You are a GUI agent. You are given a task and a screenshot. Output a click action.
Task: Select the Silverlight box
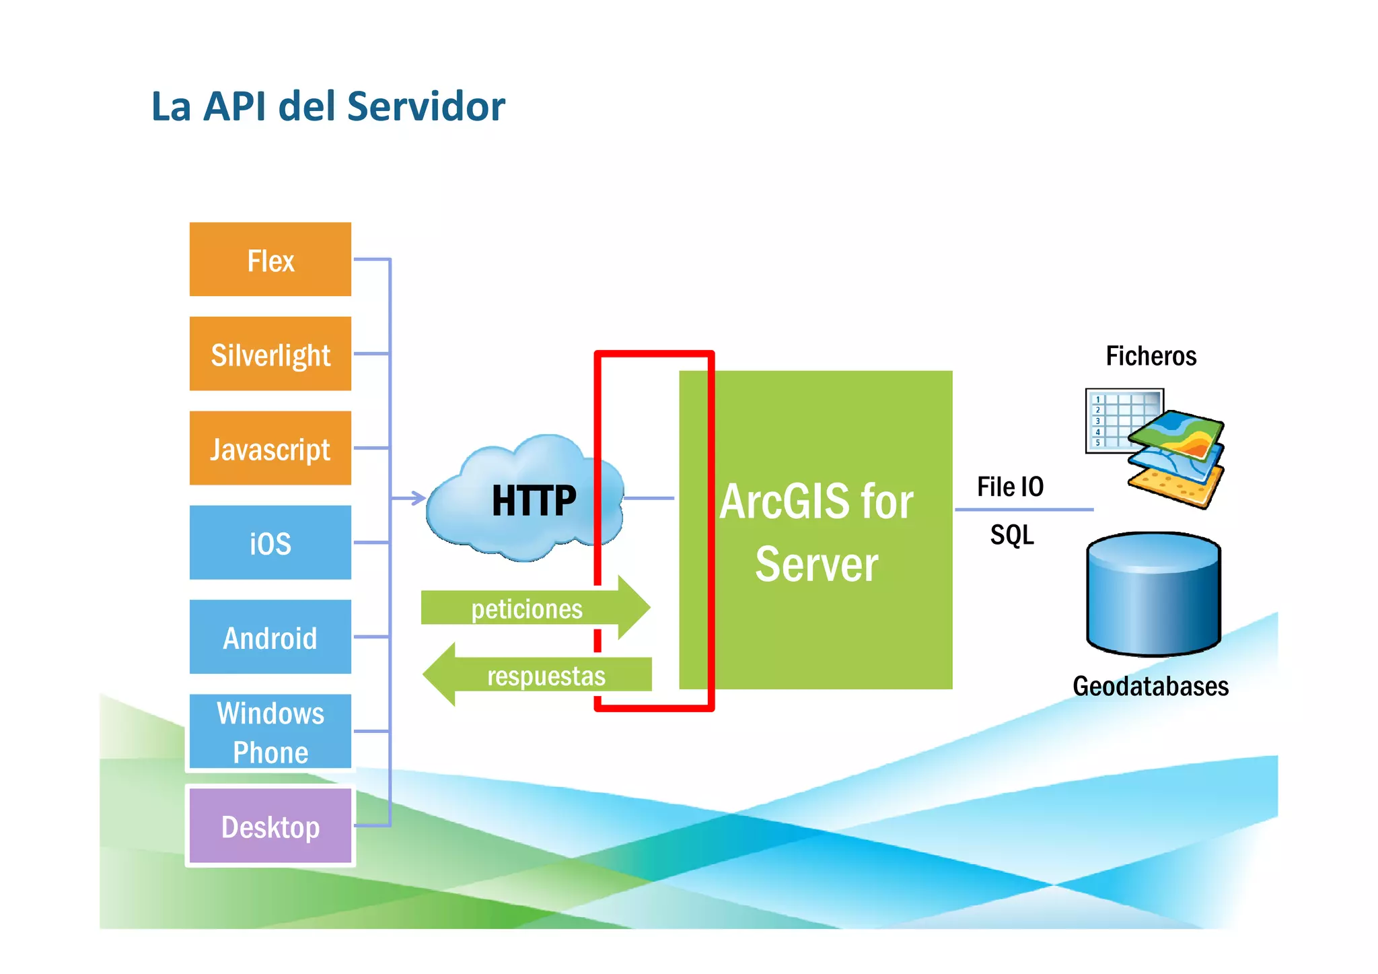click(270, 354)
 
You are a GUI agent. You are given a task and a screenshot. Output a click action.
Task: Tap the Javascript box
click(270, 448)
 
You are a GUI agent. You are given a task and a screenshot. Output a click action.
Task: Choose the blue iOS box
click(270, 543)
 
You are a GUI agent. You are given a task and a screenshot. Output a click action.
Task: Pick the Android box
click(270, 637)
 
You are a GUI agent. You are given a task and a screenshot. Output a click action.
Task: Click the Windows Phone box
click(270, 732)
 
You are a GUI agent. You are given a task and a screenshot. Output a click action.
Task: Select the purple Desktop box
click(270, 826)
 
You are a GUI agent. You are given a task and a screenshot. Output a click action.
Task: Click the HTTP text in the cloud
click(534, 501)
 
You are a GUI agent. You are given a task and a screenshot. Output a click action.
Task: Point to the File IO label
click(1009, 487)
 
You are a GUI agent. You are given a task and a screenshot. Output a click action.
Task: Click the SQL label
click(1011, 535)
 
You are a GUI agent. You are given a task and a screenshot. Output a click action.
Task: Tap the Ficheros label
click(1151, 356)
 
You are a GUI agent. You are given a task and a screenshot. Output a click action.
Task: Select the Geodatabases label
click(1150, 687)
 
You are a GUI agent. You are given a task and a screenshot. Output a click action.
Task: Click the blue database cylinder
click(1153, 596)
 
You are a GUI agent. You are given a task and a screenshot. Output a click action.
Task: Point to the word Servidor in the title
click(426, 106)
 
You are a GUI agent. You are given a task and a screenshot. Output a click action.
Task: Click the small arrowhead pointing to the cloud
click(419, 498)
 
